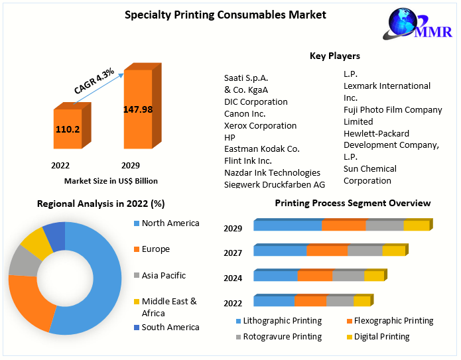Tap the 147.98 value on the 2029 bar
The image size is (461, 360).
pos(138,109)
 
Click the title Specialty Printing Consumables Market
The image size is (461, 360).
pos(226,15)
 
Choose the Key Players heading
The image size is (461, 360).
pos(335,56)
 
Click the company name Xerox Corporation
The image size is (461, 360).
pos(260,125)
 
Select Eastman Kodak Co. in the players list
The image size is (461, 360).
pos(261,149)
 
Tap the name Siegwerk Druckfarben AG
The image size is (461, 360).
pos(274,184)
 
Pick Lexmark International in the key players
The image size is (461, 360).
pos(387,86)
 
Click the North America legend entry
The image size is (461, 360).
pos(170,223)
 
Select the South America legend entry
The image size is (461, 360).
pos(170,327)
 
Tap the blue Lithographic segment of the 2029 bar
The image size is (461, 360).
pos(287,226)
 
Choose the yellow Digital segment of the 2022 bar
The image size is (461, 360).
pos(362,301)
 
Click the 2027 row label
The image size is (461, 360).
pos(233,253)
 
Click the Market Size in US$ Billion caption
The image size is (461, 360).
pos(111,180)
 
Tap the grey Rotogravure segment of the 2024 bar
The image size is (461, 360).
pos(348,276)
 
